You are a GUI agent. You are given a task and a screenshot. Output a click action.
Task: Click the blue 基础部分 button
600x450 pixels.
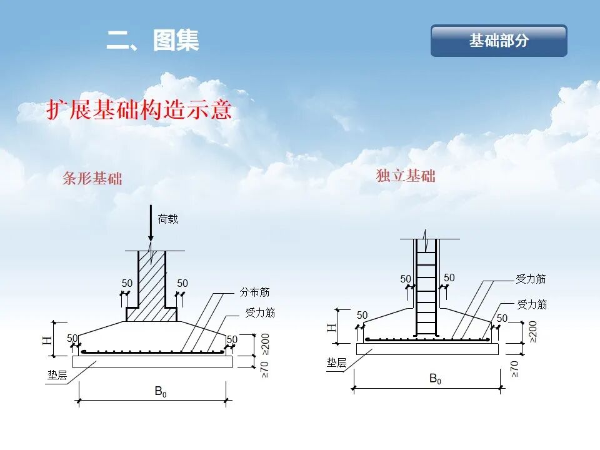[499, 41]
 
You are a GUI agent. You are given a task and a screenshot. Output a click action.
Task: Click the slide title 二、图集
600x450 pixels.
[152, 41]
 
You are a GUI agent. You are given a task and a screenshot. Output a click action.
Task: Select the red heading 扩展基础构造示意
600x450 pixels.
[139, 109]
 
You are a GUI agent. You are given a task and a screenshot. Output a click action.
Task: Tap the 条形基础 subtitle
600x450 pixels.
[92, 179]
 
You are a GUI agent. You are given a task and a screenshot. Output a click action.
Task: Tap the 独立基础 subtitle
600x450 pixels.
[406, 176]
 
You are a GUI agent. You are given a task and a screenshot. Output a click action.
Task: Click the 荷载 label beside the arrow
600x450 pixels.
[167, 219]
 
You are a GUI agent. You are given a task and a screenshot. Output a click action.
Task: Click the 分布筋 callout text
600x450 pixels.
[254, 292]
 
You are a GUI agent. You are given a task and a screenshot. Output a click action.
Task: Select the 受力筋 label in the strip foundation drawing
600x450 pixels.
[259, 312]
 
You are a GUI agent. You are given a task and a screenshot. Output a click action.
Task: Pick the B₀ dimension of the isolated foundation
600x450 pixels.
[435, 378]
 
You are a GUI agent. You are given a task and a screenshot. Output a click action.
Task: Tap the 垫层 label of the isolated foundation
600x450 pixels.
[336, 362]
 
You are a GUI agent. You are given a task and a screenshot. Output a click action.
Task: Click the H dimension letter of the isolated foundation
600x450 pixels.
[331, 326]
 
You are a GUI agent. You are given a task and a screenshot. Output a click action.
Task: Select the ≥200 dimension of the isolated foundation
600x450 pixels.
[532, 332]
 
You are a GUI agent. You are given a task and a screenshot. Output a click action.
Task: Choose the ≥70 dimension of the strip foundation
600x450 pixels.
[264, 368]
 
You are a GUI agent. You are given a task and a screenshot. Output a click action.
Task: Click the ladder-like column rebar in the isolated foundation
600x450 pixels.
[426, 287]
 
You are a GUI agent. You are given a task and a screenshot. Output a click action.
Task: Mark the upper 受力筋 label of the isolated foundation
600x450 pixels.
[531, 279]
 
